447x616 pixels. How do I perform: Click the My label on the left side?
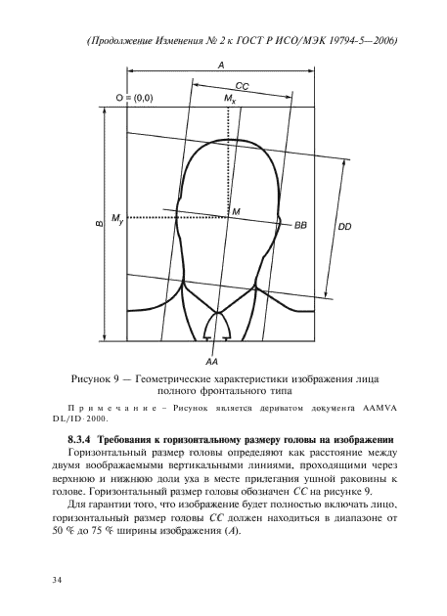point(118,217)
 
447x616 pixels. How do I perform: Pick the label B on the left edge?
point(99,224)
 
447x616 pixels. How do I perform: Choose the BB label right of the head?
point(300,224)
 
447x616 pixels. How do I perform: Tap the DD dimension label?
point(344,227)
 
